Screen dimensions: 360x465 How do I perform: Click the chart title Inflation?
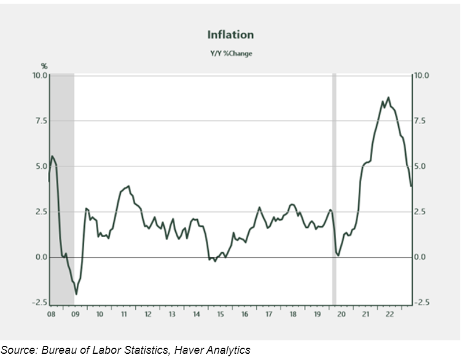230,35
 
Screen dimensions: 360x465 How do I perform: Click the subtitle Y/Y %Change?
230,53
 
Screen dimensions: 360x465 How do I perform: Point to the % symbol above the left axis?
44,66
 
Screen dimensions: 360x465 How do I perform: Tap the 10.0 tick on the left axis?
40,75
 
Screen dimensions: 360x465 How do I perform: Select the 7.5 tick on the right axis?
420,121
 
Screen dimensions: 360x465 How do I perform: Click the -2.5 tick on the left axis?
39,302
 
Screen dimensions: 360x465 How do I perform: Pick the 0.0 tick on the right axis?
420,257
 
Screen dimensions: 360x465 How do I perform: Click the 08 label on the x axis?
52,313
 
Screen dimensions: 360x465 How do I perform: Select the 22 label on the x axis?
389,313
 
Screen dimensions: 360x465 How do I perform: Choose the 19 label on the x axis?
316,313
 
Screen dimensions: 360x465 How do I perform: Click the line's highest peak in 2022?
388,97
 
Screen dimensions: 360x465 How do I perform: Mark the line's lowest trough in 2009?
76,294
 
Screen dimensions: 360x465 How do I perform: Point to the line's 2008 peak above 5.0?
53,156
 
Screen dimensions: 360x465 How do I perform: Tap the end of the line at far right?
410,186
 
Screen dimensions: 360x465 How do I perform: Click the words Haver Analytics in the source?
213,350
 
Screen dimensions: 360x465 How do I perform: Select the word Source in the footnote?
20,350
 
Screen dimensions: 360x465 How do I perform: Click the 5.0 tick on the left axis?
41,166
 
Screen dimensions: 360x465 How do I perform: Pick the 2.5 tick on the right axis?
420,211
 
